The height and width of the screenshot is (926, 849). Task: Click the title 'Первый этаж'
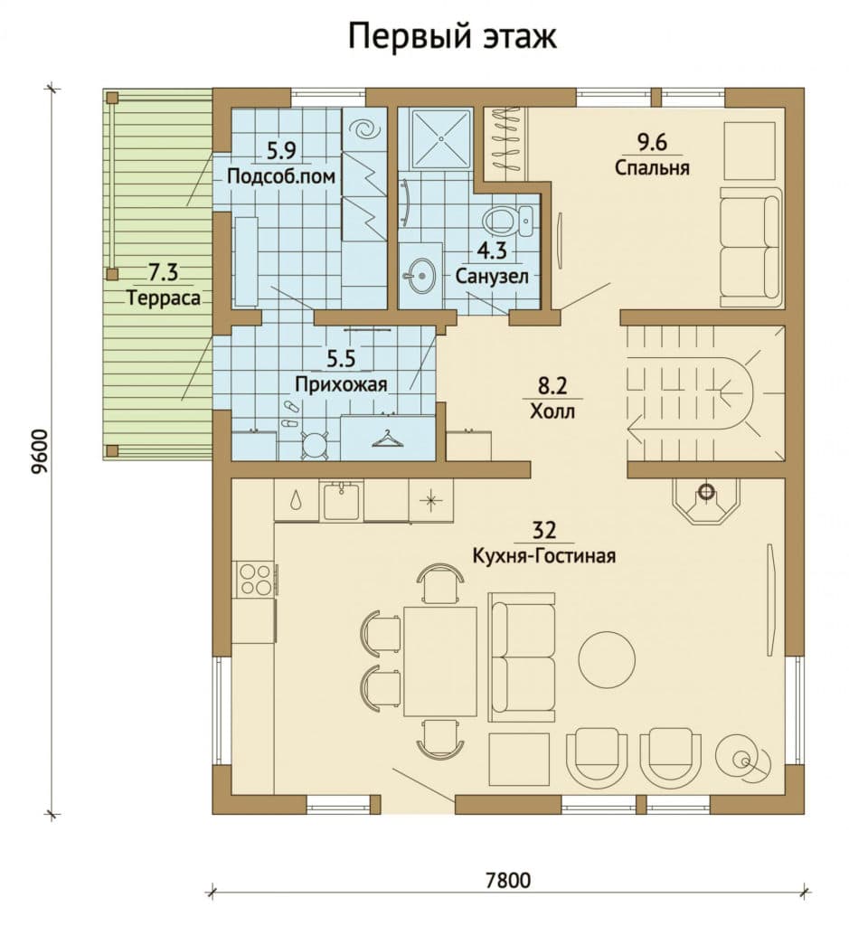[452, 36]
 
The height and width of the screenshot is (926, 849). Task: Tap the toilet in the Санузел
[507, 220]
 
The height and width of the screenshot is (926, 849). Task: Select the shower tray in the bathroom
[441, 137]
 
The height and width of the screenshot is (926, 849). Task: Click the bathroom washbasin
[420, 275]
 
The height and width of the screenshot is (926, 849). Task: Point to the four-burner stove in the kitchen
[255, 579]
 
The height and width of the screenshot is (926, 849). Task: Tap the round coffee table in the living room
[607, 658]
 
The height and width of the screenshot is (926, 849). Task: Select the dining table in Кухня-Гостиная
[440, 661]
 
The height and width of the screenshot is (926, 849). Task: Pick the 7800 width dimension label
[508, 881]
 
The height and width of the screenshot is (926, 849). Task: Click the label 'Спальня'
[652, 167]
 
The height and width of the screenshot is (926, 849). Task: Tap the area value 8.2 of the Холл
[552, 385]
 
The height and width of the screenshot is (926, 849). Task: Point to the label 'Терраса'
[164, 298]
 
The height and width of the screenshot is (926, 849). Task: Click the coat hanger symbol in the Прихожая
[387, 439]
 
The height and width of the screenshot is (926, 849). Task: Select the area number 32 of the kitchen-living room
[543, 530]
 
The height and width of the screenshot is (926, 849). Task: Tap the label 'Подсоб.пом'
[281, 176]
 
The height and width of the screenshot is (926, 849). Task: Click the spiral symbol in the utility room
[364, 128]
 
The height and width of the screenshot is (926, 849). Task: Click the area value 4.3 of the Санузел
[492, 250]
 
